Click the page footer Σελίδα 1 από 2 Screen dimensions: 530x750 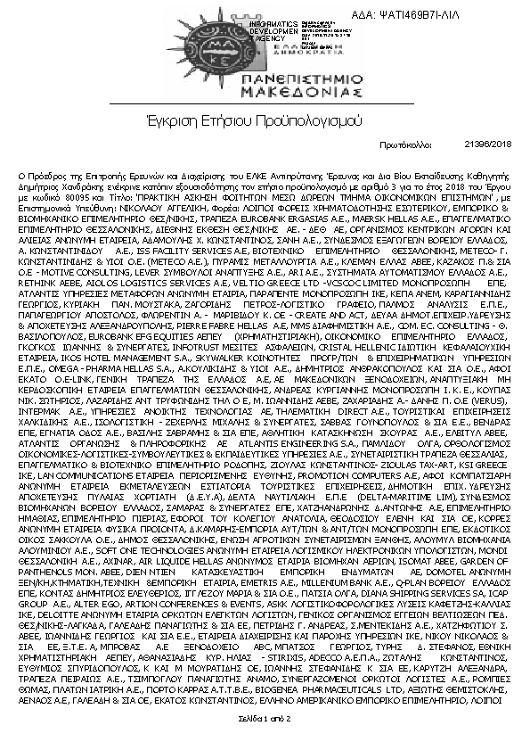265,717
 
